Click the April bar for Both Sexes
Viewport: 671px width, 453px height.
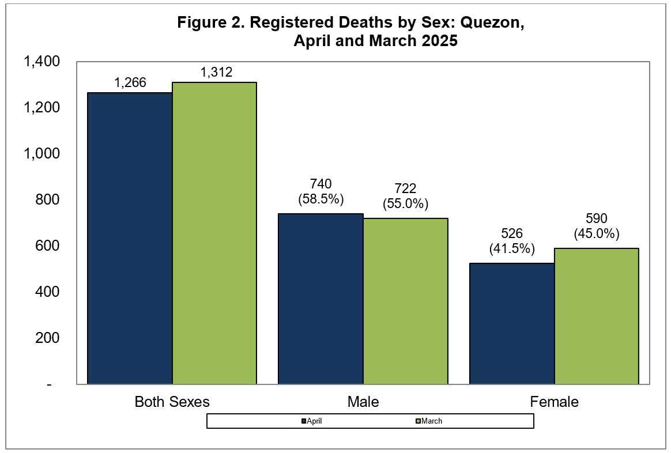point(130,238)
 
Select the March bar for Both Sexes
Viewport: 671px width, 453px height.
point(214,233)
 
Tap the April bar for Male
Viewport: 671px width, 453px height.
point(321,299)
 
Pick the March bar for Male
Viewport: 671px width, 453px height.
point(406,301)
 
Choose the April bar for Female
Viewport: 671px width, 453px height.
point(512,323)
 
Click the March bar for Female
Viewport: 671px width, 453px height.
point(597,316)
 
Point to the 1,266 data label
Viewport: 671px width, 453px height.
point(130,82)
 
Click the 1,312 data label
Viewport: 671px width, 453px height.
point(216,72)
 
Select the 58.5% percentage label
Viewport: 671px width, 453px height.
point(321,199)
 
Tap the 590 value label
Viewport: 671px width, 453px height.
point(597,218)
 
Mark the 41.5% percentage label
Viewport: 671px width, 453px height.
point(512,248)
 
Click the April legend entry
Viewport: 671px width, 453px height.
point(311,421)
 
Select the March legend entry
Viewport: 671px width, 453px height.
point(429,421)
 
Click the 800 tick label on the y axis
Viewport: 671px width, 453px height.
point(47,199)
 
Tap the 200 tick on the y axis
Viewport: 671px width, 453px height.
point(47,338)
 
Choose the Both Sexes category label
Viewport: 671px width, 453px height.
point(172,402)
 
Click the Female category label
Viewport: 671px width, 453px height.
point(554,402)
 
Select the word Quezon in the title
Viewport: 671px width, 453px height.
point(492,22)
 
